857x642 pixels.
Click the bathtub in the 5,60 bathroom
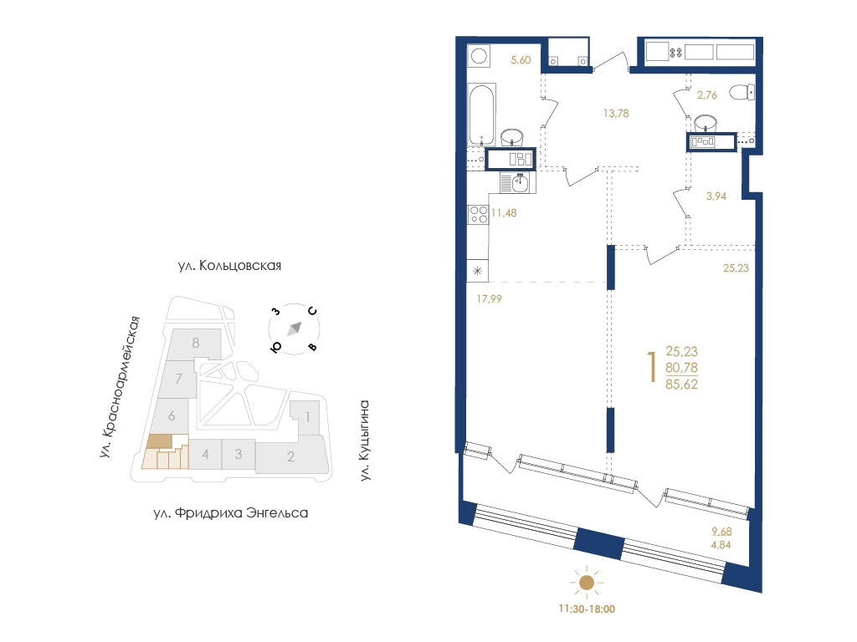pyautogui.click(x=481, y=115)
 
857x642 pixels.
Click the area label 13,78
pyautogui.click(x=616, y=114)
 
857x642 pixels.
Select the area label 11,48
pyautogui.click(x=504, y=213)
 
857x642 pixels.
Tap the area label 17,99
pyautogui.click(x=489, y=298)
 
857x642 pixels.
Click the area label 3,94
pyautogui.click(x=716, y=196)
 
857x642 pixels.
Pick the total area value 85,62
pyautogui.click(x=681, y=385)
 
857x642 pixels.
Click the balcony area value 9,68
pyautogui.click(x=721, y=531)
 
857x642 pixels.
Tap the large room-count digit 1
pyautogui.click(x=651, y=367)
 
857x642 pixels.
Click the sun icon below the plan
pyautogui.click(x=587, y=583)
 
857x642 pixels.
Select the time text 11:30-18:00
pyautogui.click(x=587, y=609)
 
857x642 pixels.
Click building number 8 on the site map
pyautogui.click(x=196, y=343)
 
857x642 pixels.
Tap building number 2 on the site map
pyautogui.click(x=290, y=456)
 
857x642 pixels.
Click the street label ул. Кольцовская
pyautogui.click(x=229, y=266)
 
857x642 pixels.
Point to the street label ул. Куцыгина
pyautogui.click(x=365, y=441)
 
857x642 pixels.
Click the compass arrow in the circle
pyautogui.click(x=295, y=329)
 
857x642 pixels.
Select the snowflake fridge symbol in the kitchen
pyautogui.click(x=477, y=271)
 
